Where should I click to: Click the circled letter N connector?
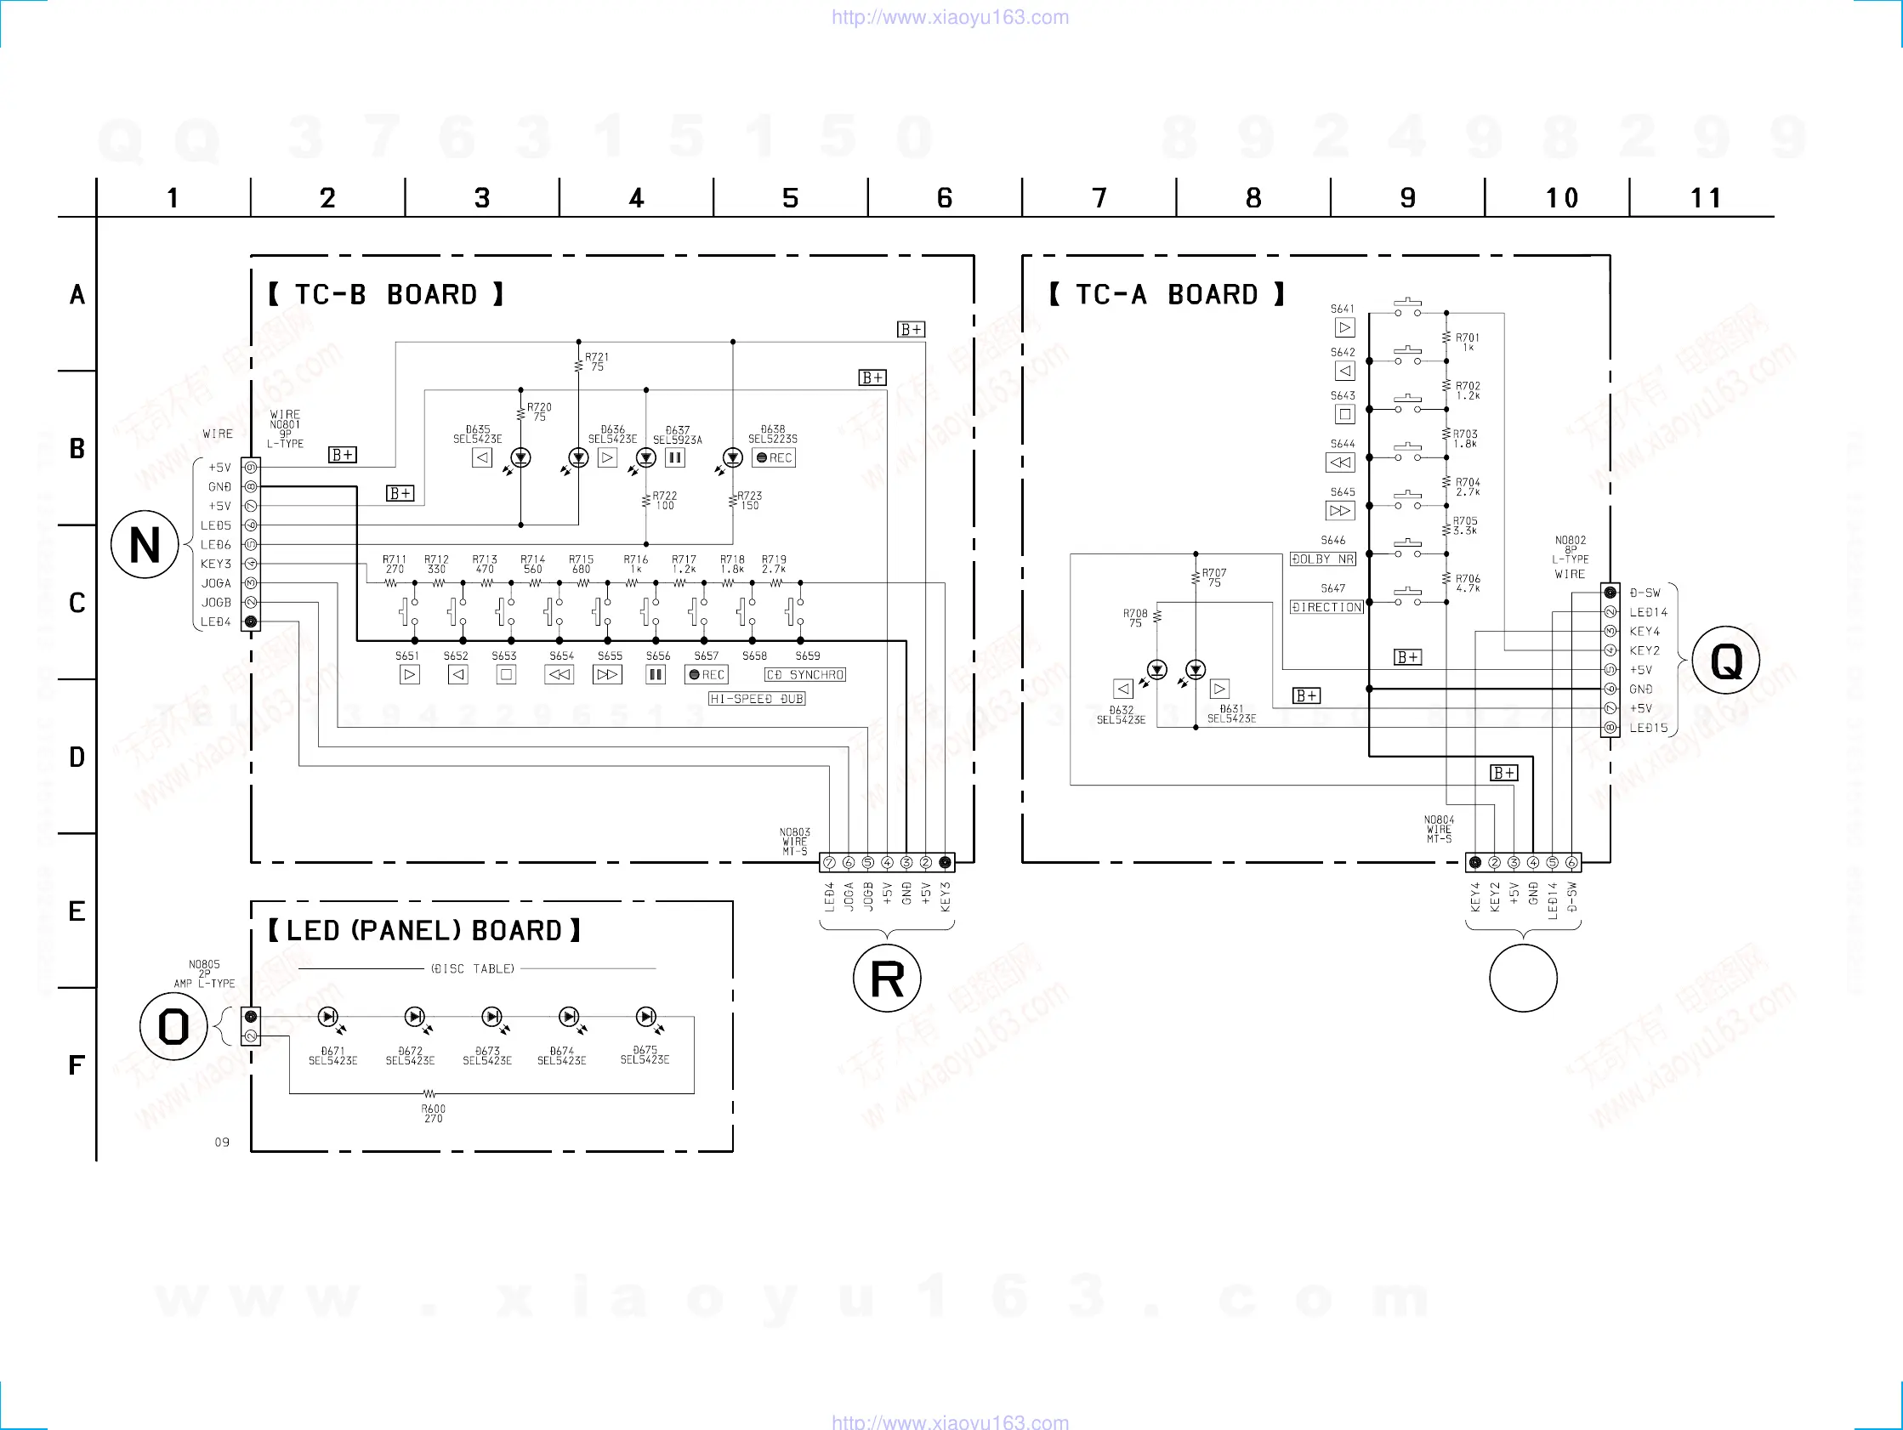pos(145,545)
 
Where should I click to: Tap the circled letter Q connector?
pos(1726,661)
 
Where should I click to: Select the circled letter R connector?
pos(887,979)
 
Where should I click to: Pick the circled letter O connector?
pos(173,1026)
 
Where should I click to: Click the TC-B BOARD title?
pos(385,295)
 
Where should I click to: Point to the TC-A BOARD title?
pos(1166,295)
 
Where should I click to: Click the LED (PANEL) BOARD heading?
pos(423,931)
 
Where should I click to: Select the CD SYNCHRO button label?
pos(805,674)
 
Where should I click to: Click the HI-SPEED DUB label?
pos(756,699)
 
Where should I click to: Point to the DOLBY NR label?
pos(1322,559)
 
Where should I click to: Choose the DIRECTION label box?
pos(1326,607)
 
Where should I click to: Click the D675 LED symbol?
pos(645,1017)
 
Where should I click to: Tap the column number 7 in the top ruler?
pos(1099,198)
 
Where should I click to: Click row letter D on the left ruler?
pos(77,758)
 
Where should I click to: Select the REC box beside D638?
pos(774,457)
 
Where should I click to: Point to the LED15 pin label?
pos(1648,728)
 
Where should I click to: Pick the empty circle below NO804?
pos(1523,979)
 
